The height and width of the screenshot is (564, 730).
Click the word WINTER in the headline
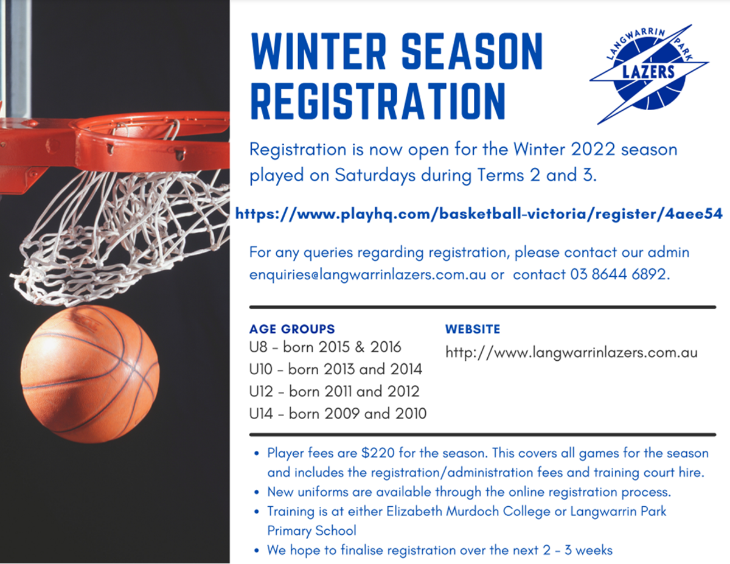click(319, 51)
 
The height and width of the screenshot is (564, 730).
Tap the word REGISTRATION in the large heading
click(378, 101)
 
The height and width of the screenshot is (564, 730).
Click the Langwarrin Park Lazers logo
click(649, 74)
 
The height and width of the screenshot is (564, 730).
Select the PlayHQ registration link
click(479, 214)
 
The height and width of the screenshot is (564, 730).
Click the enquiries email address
click(367, 274)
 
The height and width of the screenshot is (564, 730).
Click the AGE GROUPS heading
click(292, 329)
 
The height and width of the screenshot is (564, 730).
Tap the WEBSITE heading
click(473, 329)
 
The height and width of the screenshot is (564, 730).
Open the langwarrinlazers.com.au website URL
click(571, 353)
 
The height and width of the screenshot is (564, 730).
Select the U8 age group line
click(325, 347)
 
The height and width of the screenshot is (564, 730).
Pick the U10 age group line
click(336, 369)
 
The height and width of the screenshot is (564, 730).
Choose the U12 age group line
click(334, 391)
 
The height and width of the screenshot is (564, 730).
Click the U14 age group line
click(338, 414)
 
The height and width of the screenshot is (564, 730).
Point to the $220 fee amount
click(378, 453)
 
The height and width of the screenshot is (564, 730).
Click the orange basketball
click(90, 374)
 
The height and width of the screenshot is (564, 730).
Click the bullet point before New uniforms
click(257, 492)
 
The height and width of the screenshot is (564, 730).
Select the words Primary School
click(311, 531)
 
